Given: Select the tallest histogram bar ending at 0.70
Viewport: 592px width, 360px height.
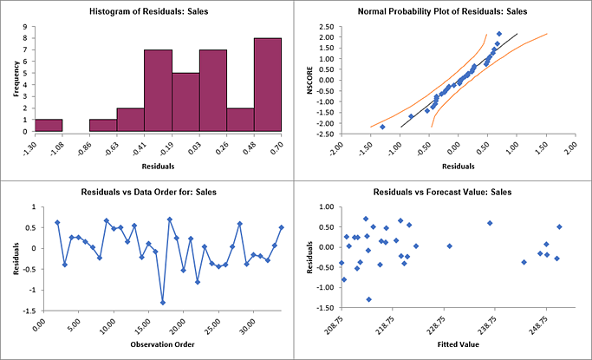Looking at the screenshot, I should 268,85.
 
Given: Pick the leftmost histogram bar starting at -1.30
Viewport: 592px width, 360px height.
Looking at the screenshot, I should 49,125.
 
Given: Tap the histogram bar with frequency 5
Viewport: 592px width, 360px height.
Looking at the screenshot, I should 185,102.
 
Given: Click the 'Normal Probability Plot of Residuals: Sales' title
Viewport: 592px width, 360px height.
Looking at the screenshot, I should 442,12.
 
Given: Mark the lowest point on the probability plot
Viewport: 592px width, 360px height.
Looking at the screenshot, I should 382,127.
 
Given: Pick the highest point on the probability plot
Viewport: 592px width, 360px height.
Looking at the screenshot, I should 498,34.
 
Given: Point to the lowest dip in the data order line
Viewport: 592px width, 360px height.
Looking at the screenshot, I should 162,302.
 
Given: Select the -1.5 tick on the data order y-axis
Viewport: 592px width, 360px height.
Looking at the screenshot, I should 29,311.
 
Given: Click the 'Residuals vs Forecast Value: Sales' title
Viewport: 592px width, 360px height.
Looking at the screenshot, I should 442,190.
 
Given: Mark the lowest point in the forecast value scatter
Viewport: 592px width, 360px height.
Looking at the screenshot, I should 368,299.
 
